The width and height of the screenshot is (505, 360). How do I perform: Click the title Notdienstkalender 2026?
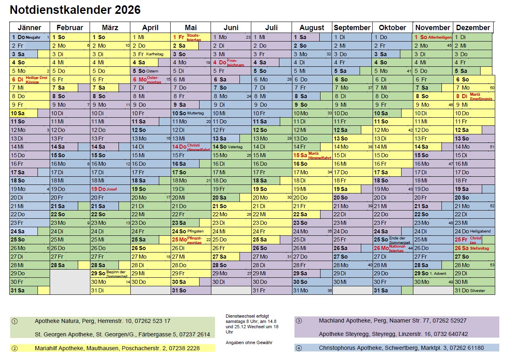coord(75,10)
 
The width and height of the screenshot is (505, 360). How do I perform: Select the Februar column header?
coord(70,28)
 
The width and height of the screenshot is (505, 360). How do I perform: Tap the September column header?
coord(352,28)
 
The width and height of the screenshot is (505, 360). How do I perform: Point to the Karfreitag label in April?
coord(155,54)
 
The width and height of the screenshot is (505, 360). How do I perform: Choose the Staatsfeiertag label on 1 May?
coord(193,37)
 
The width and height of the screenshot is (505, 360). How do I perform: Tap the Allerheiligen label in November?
coord(440,37)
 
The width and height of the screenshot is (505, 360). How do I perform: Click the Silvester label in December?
coord(477,291)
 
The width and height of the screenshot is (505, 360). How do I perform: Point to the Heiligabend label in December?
coord(480,231)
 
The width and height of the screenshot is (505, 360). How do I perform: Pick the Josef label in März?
coord(112,189)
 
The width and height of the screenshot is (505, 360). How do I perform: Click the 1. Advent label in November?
coord(438,274)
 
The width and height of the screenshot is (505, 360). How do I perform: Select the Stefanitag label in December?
coord(479,248)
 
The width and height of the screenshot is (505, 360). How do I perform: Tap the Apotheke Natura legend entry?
coord(103,321)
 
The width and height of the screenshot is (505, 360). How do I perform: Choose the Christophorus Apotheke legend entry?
coord(401,348)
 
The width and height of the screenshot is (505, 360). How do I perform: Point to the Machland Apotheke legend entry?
coord(393,321)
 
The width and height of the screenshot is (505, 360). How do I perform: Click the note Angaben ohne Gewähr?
coord(249,342)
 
